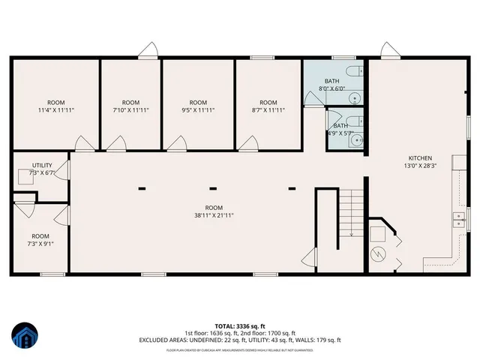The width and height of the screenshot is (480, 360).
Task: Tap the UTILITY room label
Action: (41, 165)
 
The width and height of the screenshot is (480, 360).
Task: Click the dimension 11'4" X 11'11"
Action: (56, 109)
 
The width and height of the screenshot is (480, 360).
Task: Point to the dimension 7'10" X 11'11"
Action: (130, 109)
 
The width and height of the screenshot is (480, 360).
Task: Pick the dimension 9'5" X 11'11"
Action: (197, 109)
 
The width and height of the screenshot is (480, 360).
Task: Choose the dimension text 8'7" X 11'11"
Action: (268, 109)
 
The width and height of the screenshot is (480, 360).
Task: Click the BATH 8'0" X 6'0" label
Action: (332, 85)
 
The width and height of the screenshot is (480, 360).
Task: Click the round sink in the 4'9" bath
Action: (357, 139)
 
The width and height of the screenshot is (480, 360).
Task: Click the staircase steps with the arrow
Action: (351, 214)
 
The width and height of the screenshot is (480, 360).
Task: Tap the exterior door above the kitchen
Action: (388, 51)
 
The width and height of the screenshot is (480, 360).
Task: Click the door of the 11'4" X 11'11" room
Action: (83, 142)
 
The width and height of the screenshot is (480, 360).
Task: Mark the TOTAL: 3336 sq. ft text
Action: (240, 326)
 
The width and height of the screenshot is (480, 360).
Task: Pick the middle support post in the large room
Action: (214, 188)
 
